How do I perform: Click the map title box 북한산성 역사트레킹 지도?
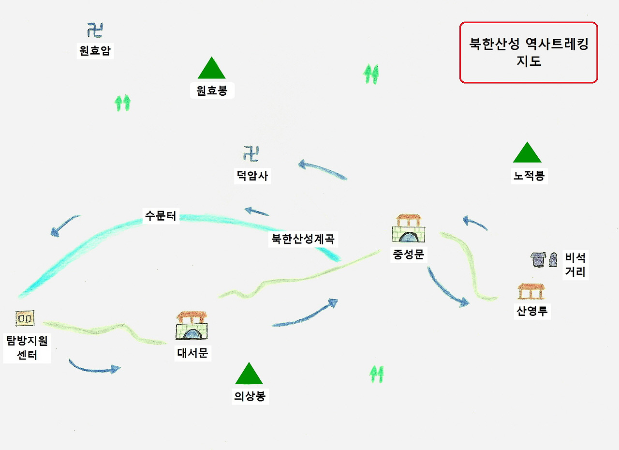529,52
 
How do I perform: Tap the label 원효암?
95,51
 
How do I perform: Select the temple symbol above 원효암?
95,30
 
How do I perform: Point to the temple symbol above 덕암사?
251,154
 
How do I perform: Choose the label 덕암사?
251,176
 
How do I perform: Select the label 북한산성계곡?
303,239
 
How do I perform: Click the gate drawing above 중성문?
409,229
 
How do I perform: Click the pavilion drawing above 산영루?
531,291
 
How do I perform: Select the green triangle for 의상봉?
249,375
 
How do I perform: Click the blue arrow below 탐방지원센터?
94,366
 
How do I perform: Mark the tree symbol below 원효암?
123,103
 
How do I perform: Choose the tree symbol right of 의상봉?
376,374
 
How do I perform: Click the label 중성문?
409,255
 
